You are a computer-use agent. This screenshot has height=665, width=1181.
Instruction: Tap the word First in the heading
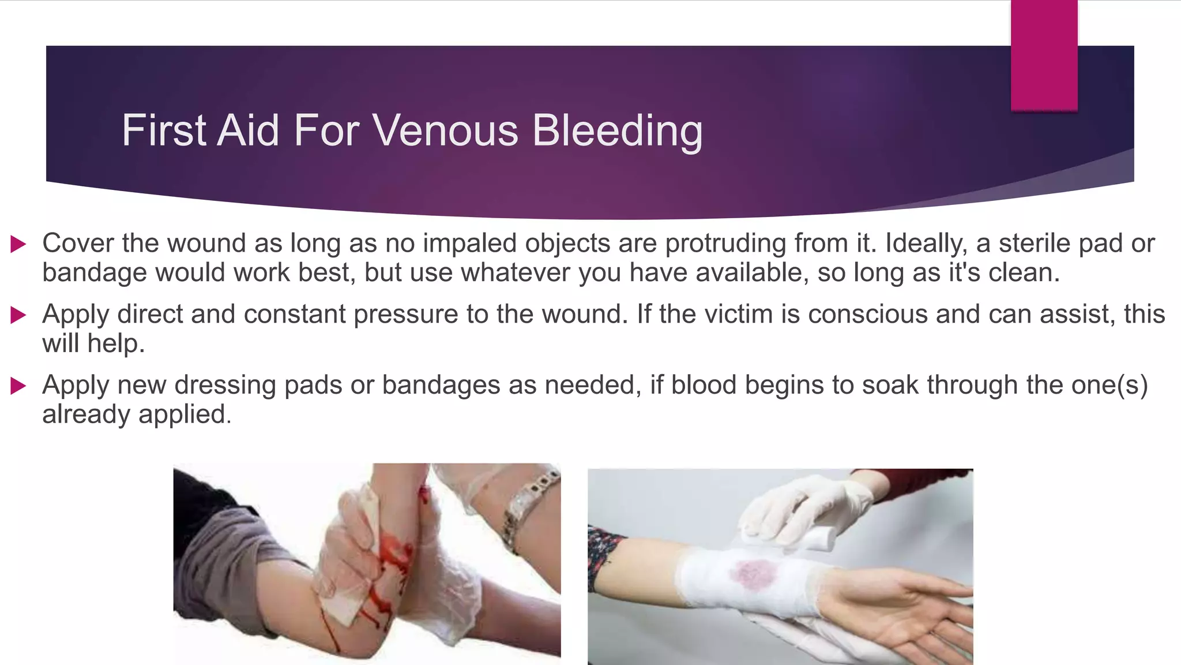164,130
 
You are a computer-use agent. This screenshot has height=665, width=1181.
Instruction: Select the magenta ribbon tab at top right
1044,55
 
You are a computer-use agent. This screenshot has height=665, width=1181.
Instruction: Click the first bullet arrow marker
18,244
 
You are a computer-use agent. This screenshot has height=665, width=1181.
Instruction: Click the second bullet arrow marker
18,315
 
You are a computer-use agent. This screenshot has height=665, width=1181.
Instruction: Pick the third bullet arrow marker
18,386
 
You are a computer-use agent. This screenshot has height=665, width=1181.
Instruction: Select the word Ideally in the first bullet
926,243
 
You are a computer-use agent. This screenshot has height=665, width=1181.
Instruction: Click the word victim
715,314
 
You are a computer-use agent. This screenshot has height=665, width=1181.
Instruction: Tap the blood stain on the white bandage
753,574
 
